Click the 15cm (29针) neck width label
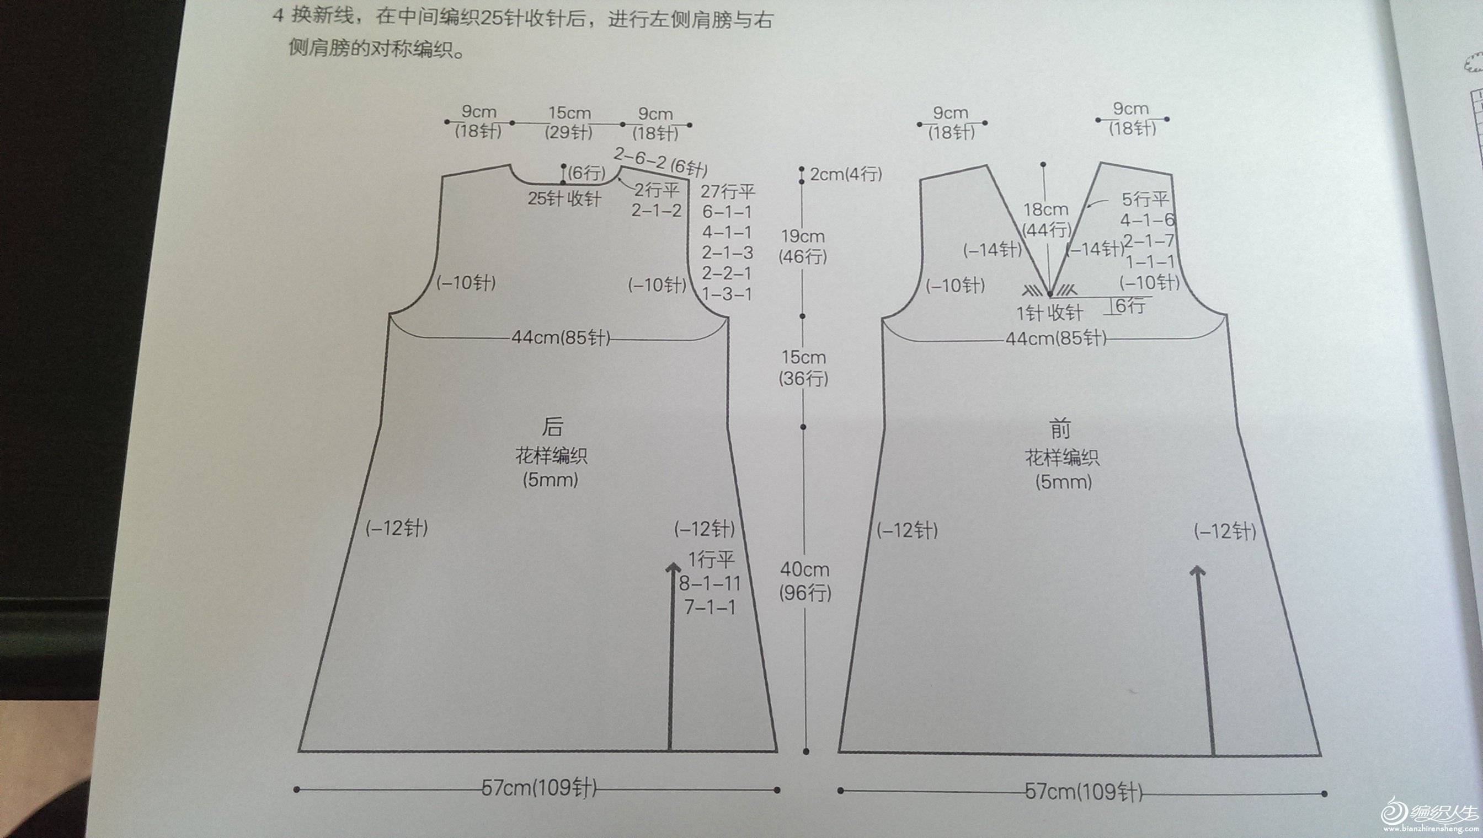click(x=569, y=122)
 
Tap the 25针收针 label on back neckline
click(x=564, y=198)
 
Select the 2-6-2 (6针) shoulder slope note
click(x=660, y=161)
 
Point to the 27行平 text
click(x=727, y=191)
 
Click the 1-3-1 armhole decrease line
click(x=727, y=294)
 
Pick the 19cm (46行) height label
click(x=803, y=246)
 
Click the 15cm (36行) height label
click(x=803, y=367)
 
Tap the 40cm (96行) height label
click(x=804, y=581)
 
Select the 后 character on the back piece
click(x=552, y=427)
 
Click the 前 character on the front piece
click(x=1060, y=429)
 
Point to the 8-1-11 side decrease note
click(x=710, y=584)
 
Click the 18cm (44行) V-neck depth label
click(x=1047, y=219)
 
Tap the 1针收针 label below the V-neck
click(x=1049, y=313)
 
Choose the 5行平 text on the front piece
click(x=1145, y=199)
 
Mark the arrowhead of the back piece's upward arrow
click(x=673, y=567)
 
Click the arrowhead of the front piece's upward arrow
click(x=1197, y=571)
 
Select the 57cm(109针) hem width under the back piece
click(x=539, y=788)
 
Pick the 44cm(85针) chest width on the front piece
click(x=1056, y=338)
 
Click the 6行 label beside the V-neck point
click(x=1130, y=305)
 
